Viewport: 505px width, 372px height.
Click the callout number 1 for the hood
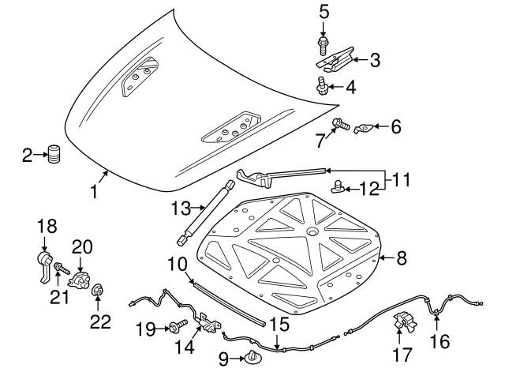[94, 190]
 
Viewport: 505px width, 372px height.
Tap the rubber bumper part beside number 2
[54, 154]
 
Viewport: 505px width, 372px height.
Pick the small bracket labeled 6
[365, 126]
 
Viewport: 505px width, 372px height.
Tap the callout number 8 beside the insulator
[401, 257]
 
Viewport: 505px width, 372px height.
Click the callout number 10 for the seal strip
[175, 264]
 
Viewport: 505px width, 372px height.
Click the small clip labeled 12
[338, 187]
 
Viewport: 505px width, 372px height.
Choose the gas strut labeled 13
[206, 212]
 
